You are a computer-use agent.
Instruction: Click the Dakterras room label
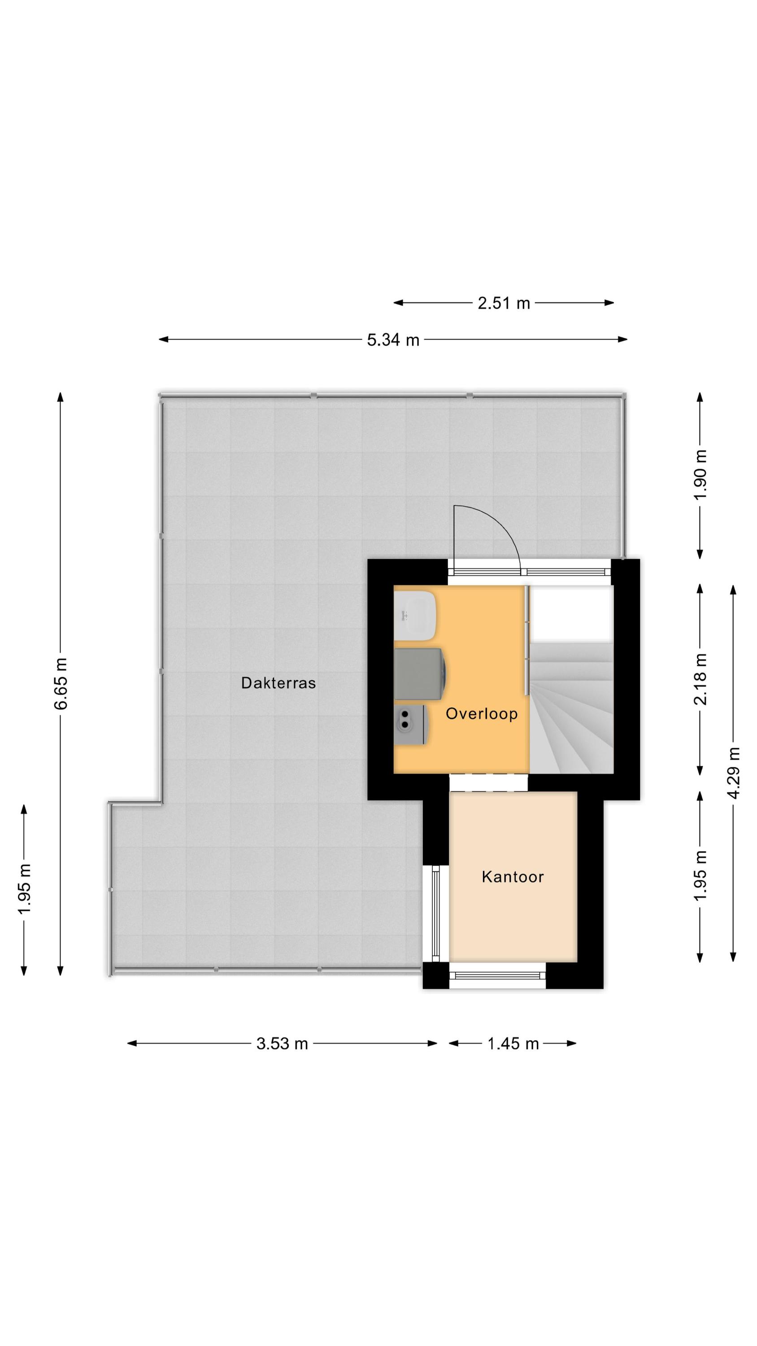(278, 683)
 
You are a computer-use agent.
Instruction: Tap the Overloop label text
(481, 714)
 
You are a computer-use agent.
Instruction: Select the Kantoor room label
(513, 877)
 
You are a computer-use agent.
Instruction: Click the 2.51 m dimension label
(504, 303)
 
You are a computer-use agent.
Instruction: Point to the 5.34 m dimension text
(393, 340)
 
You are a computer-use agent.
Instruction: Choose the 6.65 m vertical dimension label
(61, 683)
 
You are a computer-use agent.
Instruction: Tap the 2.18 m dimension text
(700, 679)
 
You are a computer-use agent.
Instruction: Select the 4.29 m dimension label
(734, 774)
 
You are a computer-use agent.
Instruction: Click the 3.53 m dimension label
(282, 1044)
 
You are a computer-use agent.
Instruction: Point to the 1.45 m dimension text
(513, 1044)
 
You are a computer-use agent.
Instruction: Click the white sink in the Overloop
(415, 616)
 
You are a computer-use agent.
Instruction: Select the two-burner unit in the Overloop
(412, 724)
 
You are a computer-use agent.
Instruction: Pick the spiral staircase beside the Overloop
(571, 708)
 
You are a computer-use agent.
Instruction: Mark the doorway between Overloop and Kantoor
(488, 782)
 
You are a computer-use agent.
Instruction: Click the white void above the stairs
(572, 614)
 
